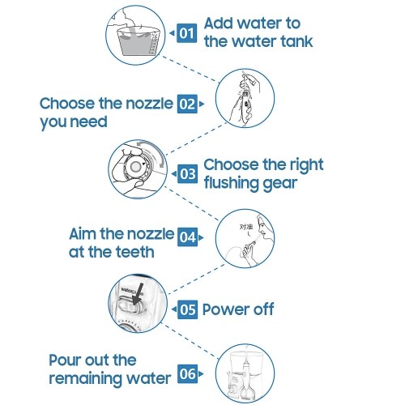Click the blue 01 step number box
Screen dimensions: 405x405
[186, 33]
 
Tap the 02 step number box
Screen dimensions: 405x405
[187, 104]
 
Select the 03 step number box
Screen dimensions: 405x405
[187, 173]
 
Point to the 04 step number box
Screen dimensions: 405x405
[187, 237]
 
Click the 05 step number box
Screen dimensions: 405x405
[187, 309]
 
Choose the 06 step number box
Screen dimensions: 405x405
[187, 374]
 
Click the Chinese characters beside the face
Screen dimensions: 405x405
[247, 227]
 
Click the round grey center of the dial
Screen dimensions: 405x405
[134, 167]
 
